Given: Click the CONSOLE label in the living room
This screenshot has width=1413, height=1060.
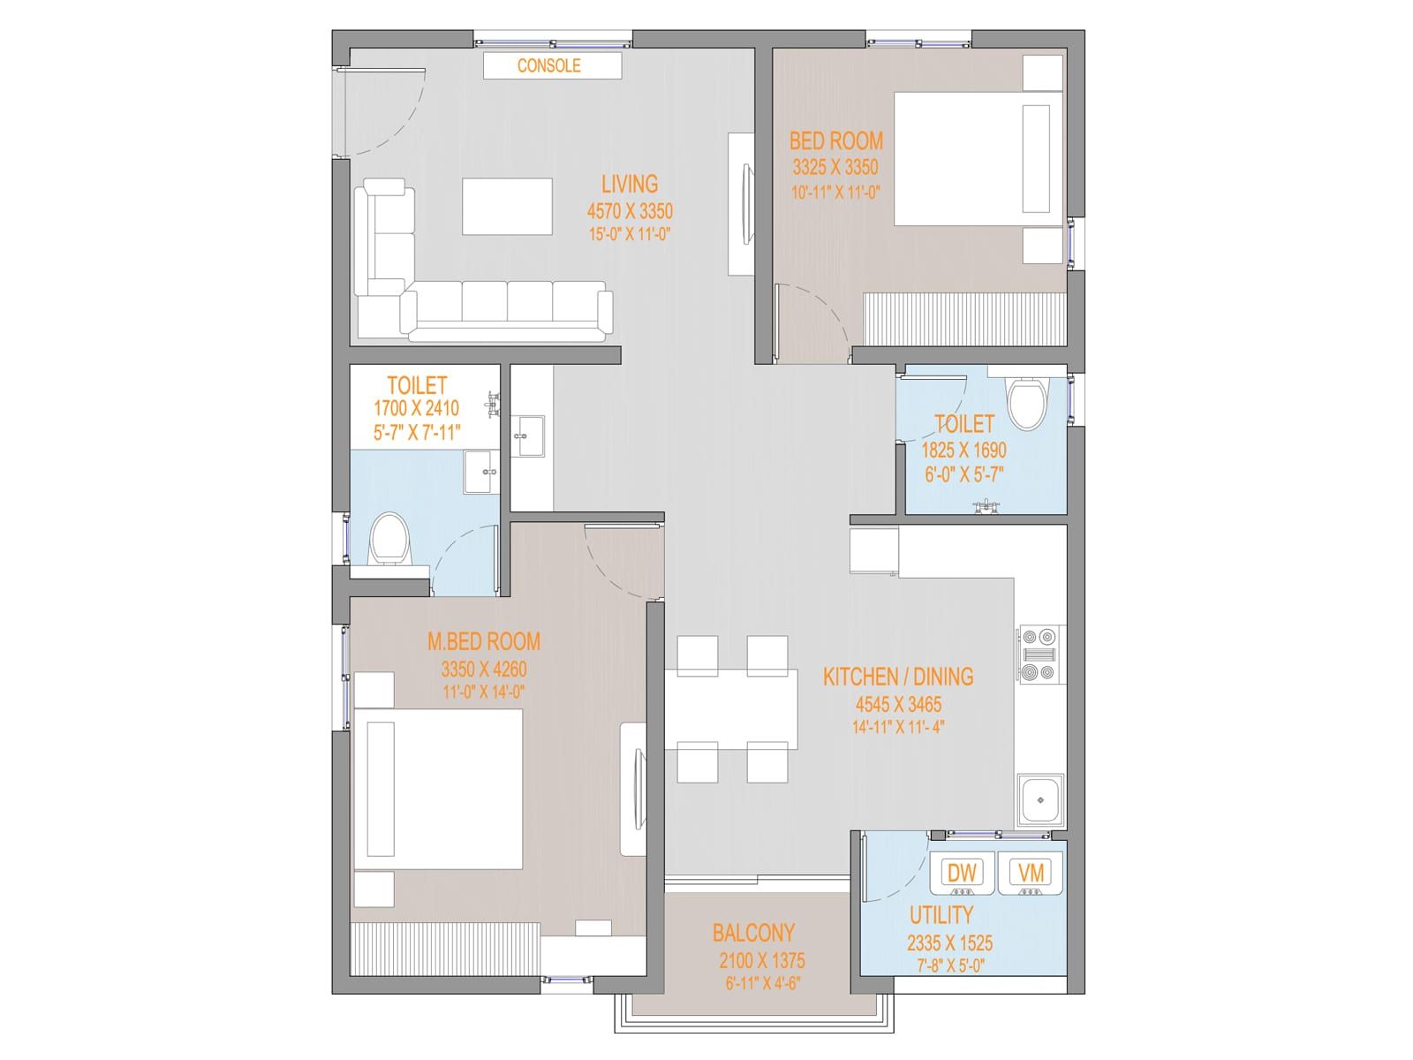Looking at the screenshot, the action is (548, 65).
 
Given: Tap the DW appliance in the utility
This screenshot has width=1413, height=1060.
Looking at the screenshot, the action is (962, 874).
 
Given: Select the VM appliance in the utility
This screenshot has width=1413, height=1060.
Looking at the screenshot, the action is (1030, 874).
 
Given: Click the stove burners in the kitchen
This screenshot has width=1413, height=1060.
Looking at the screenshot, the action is (1039, 655).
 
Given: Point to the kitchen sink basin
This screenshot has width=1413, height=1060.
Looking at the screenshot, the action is (1040, 800).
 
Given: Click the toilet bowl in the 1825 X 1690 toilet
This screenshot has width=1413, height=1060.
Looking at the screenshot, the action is (1028, 404).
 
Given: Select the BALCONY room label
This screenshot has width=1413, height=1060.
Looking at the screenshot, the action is (753, 933).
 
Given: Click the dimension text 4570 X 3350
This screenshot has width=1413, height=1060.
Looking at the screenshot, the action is (630, 211).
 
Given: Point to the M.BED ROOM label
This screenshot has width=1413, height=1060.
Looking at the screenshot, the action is (484, 641).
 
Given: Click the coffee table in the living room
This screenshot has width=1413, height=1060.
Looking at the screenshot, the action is (507, 207).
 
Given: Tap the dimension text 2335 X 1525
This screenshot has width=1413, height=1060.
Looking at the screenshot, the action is (949, 943).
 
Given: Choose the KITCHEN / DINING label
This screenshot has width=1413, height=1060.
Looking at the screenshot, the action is (898, 677).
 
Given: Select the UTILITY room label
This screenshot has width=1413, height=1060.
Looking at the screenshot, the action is (941, 914).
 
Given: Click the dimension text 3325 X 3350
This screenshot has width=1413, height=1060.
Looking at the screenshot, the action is (835, 167).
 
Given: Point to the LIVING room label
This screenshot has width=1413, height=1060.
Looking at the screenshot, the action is (630, 184).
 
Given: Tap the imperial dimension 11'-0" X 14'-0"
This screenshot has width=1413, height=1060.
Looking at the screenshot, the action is (484, 693).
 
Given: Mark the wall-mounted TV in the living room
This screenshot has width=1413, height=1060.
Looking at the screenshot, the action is (747, 205).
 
